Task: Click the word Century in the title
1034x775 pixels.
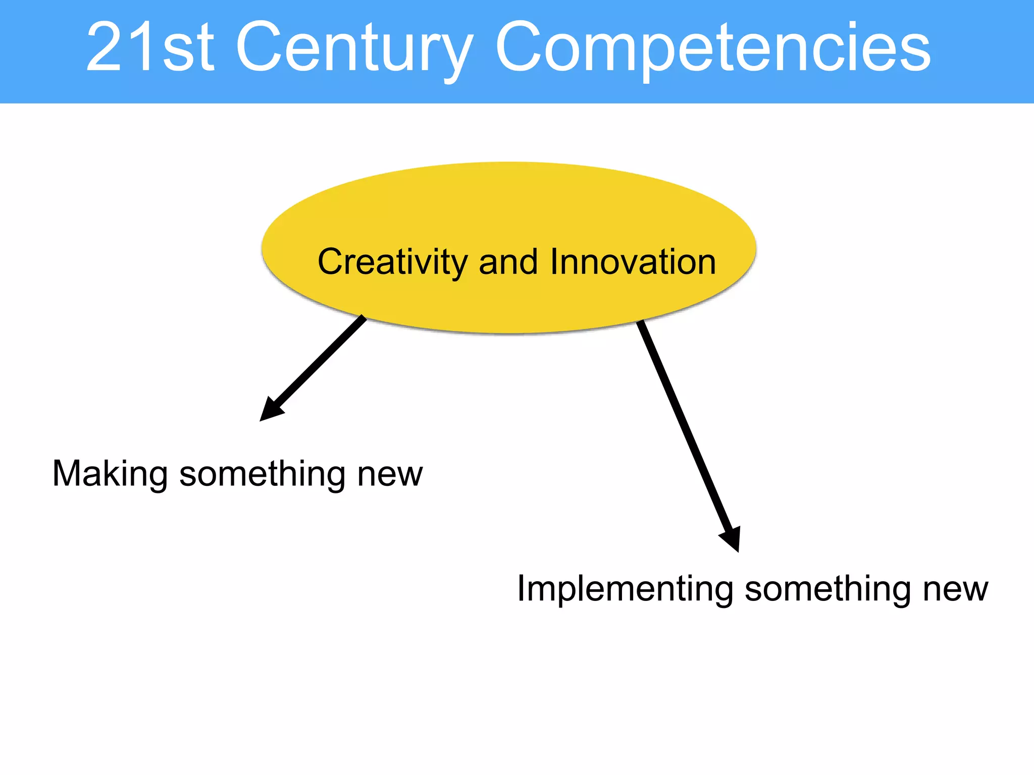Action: click(353, 48)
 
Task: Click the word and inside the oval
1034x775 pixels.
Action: click(508, 262)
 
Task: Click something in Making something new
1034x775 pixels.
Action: click(262, 474)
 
